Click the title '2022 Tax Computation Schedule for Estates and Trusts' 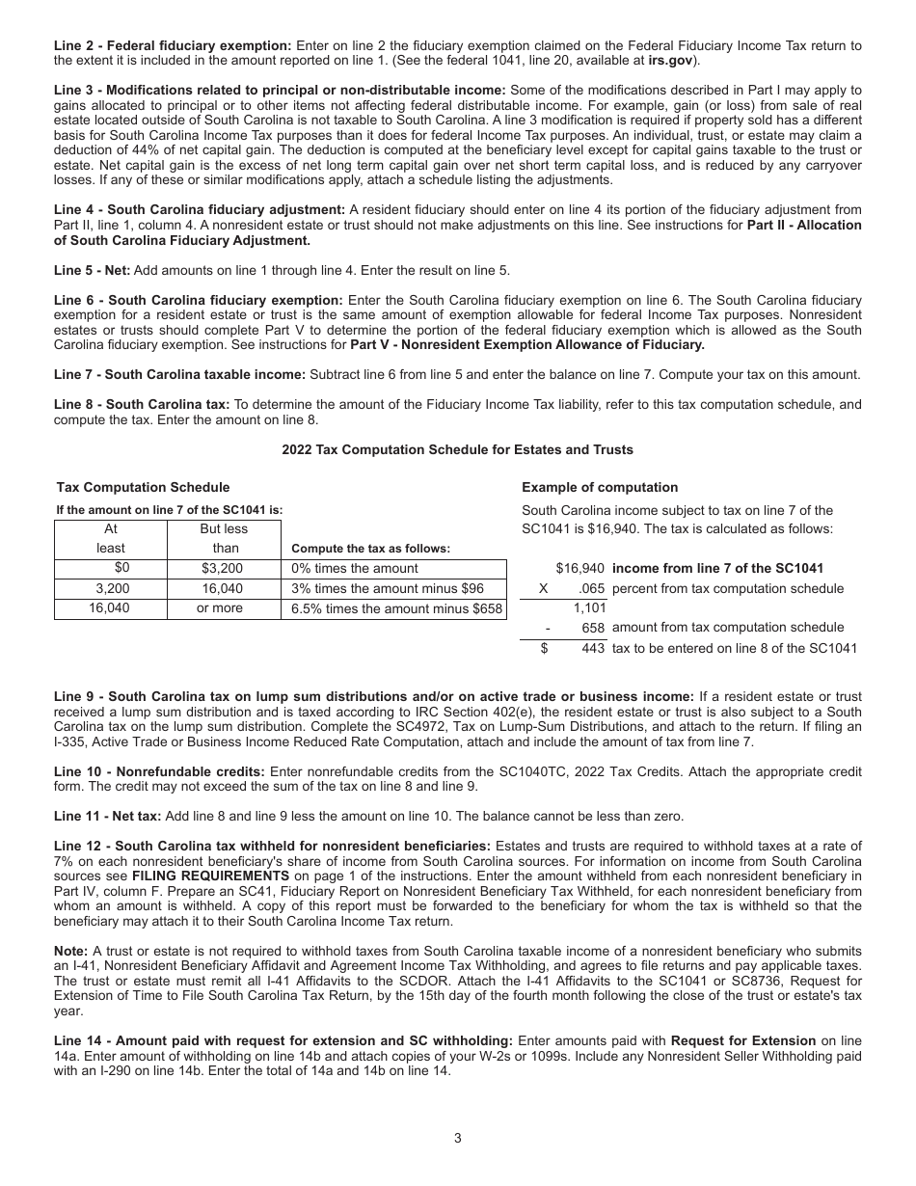457,449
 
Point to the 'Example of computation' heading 600,487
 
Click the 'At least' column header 111,538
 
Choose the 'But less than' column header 224,538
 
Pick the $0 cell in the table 121,568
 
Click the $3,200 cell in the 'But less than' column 223,568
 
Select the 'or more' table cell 223,608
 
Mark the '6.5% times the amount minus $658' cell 396,608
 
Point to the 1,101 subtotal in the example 588,607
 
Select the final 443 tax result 593,648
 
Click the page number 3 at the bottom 458,1138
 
